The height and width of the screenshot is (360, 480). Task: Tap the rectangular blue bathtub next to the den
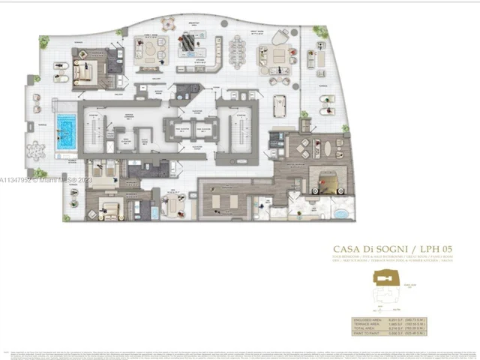pos(155,213)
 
